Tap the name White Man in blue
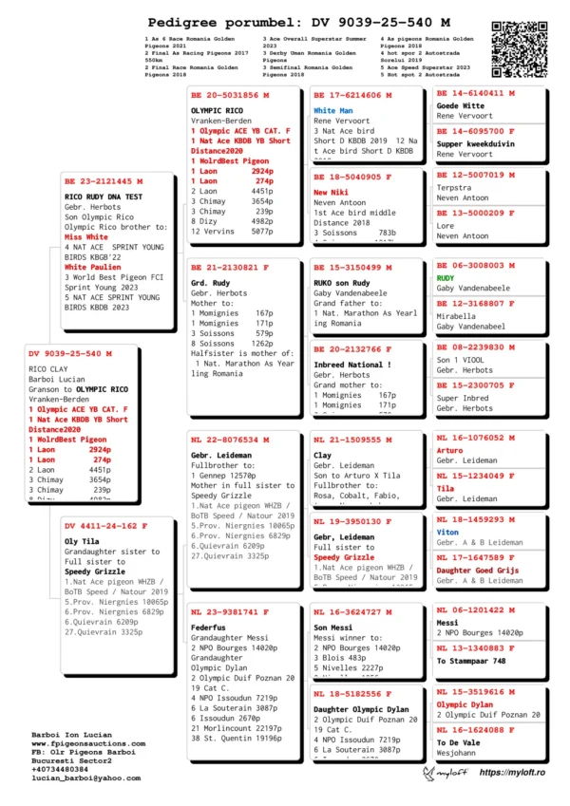click(333, 111)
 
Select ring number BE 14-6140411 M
click(475, 94)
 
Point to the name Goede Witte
click(461, 106)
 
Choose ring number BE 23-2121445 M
click(104, 181)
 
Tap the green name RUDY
click(446, 279)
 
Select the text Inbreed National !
click(352, 365)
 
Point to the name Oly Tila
click(83, 541)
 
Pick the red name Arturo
click(450, 451)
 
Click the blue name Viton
click(447, 533)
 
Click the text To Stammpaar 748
click(471, 661)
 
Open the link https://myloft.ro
click(512, 774)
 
